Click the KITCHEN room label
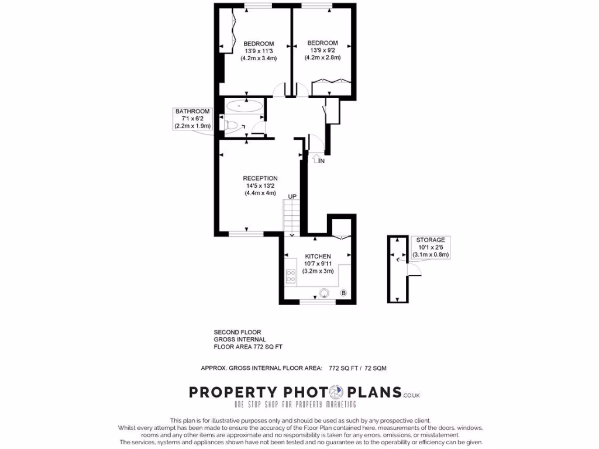click(318, 256)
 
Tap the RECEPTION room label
click(260, 178)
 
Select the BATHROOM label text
click(192, 112)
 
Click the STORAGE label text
click(431, 240)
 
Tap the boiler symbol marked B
click(343, 293)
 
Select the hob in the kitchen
click(291, 277)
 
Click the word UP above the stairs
click(292, 196)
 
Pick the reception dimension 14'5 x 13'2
click(260, 186)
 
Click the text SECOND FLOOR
click(237, 332)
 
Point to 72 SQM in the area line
click(376, 368)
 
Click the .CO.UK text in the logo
click(411, 396)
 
